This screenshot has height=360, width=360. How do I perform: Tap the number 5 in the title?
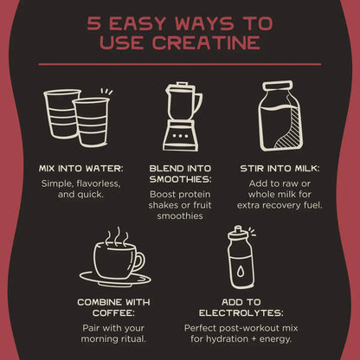(93, 23)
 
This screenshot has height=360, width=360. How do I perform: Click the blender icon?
(183, 117)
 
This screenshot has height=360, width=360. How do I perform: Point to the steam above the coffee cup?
(117, 237)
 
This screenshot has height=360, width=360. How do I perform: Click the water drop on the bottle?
(241, 271)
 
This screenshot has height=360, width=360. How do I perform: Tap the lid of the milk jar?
(277, 86)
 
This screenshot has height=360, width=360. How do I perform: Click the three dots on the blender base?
(180, 136)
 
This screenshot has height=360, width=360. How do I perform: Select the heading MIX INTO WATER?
(81, 168)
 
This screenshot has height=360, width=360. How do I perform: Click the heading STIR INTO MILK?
(280, 168)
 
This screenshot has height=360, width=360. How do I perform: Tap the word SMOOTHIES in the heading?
(180, 179)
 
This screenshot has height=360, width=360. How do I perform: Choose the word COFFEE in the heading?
(113, 313)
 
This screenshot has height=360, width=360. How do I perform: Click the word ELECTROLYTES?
(241, 313)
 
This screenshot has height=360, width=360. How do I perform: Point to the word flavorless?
(99, 183)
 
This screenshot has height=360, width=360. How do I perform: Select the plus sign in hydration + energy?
(254, 339)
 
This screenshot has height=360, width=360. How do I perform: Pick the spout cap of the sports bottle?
(238, 230)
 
